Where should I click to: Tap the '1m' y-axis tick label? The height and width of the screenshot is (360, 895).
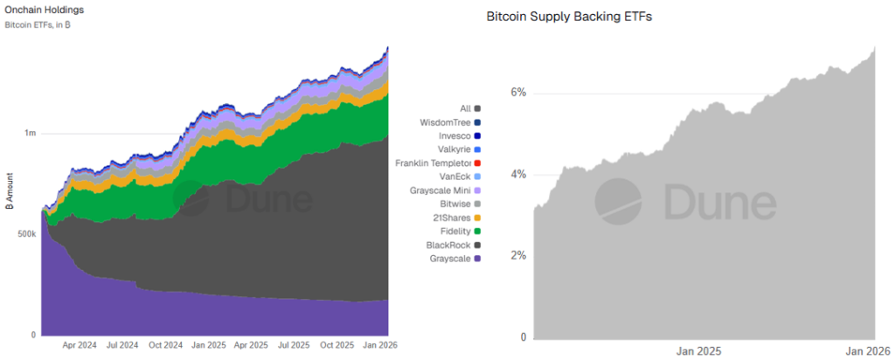coord(30,134)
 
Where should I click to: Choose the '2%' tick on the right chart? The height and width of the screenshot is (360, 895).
coord(518,256)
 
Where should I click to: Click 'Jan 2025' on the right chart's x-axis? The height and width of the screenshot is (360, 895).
coord(699,351)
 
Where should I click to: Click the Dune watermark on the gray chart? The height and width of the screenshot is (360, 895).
coord(686,202)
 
